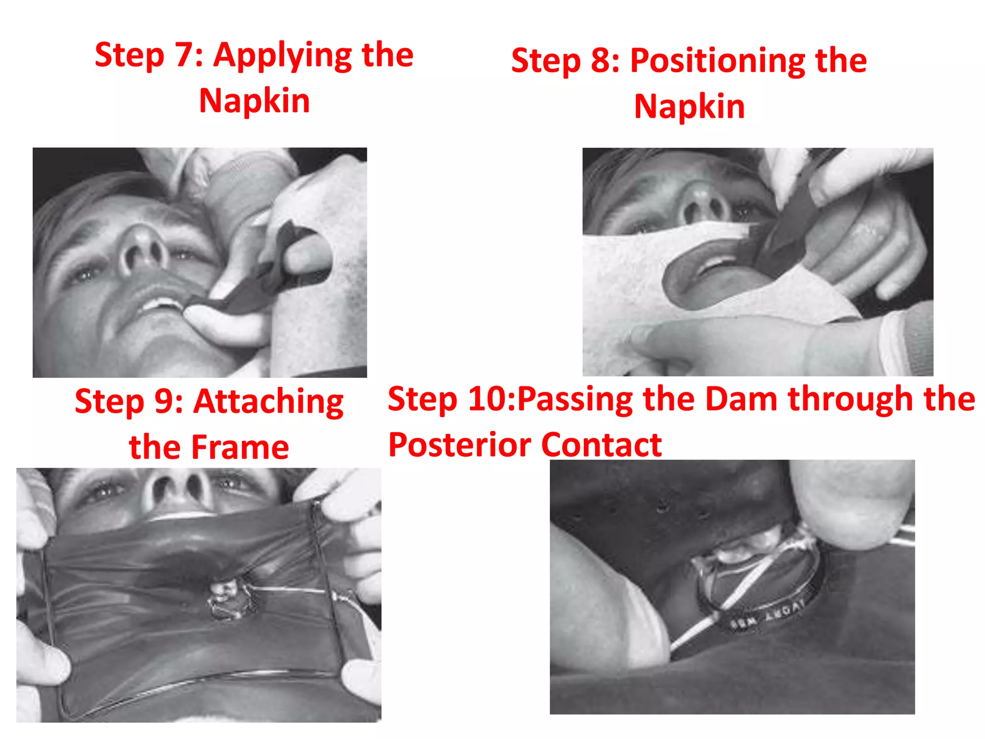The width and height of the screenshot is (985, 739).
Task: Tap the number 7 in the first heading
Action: [184, 55]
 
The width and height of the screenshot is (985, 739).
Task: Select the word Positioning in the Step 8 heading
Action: [717, 62]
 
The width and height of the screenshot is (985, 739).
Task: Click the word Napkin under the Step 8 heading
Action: [689, 107]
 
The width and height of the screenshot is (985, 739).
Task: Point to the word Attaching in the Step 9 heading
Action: [268, 402]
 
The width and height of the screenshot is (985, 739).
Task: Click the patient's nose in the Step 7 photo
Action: [144, 250]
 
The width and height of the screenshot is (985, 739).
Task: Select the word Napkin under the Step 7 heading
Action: [254, 101]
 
